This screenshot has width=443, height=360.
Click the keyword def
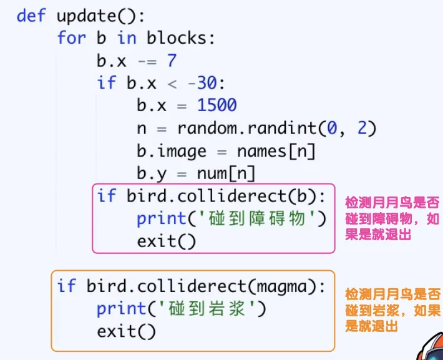[31, 16]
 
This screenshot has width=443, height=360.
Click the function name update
[87, 17]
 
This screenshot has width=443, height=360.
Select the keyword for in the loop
[72, 38]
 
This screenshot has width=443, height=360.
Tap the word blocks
[177, 38]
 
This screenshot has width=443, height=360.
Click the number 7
[172, 61]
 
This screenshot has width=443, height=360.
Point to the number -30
[203, 83]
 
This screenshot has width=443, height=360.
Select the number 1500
[217, 105]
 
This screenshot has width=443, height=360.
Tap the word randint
[282, 128]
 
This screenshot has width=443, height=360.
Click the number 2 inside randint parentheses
[362, 128]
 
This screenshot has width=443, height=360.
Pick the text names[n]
[276, 151]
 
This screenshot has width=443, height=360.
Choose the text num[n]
[226, 173]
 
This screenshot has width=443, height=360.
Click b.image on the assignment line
[172, 152]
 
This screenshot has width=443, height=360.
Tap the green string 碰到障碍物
[257, 218]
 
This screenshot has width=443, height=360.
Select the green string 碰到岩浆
[207, 308]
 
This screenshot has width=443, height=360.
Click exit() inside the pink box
[166, 241]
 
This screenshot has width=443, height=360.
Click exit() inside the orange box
[126, 331]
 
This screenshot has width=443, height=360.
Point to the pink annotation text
[392, 218]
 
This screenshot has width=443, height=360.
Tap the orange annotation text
[392, 310]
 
